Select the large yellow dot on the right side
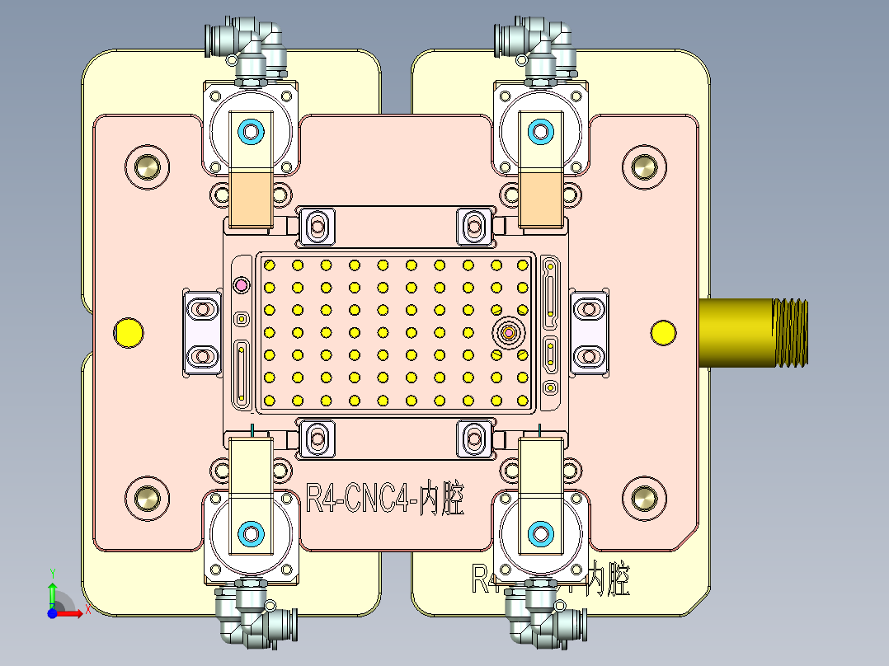pyautogui.click(x=663, y=332)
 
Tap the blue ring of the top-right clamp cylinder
pyautogui.click(x=541, y=130)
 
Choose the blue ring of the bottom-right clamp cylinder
pyautogui.click(x=541, y=534)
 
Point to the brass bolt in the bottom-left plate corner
pyautogui.click(x=148, y=498)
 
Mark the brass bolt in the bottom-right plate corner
pyautogui.click(x=642, y=498)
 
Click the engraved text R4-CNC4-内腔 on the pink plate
pyautogui.click(x=384, y=499)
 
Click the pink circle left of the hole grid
pyautogui.click(x=242, y=285)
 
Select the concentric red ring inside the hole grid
pyautogui.click(x=509, y=333)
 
